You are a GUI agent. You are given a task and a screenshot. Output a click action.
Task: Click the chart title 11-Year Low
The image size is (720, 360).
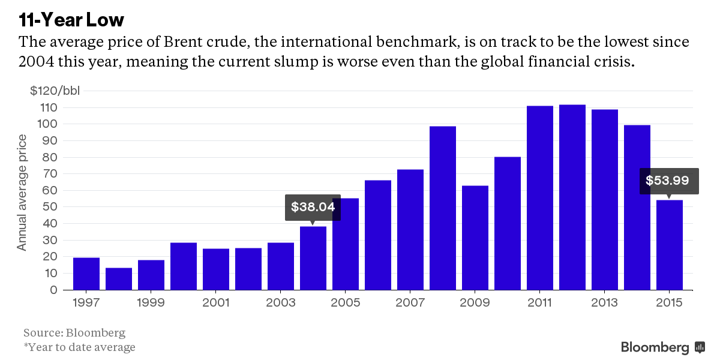71,20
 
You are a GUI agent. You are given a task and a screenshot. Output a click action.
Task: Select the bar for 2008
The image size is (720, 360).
443,208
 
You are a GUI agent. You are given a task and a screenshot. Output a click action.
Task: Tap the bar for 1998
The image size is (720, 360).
119,279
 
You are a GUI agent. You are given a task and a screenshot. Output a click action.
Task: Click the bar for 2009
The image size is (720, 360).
475,238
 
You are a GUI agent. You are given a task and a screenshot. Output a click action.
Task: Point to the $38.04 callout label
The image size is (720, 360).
313,207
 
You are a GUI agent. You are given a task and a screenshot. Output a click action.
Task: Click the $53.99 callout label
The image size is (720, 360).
667,181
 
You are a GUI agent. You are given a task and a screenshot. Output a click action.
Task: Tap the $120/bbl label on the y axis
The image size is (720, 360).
55,91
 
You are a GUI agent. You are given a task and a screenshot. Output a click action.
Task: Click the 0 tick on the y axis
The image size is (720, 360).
53,290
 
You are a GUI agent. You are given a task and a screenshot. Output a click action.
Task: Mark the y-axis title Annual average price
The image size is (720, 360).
22,192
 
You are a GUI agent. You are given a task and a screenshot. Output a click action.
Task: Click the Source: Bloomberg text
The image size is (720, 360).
74,332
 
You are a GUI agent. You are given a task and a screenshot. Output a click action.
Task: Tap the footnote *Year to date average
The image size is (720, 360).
79,347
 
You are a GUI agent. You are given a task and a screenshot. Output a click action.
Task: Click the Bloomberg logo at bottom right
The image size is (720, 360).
662,347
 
